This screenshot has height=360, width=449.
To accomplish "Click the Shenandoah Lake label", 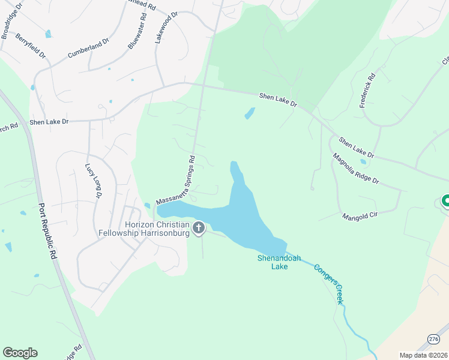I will click(273, 262).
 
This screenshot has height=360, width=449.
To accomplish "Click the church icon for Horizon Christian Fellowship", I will click(199, 228).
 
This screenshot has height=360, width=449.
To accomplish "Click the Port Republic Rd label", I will click(47, 231).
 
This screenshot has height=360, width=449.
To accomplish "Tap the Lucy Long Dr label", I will click(94, 181).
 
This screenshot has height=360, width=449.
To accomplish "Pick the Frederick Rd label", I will click(367, 91).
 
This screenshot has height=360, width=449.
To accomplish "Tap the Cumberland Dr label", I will click(88, 48).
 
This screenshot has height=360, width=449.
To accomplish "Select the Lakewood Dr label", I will click(167, 27).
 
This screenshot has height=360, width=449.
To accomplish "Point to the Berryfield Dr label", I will click(31, 46).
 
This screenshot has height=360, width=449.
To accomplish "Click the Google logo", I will click(20, 353).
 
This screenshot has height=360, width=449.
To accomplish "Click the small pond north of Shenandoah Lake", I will click(249, 113).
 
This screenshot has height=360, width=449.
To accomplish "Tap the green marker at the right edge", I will click(446, 201).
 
